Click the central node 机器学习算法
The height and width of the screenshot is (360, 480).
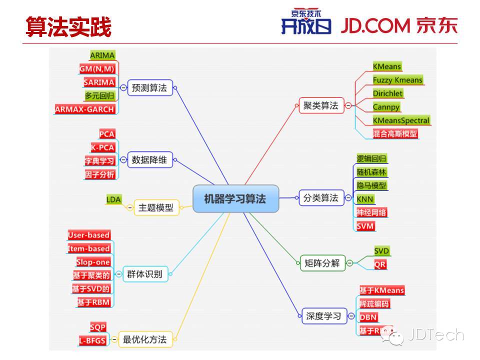click(235, 198)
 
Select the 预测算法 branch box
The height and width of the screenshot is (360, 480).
click(148, 88)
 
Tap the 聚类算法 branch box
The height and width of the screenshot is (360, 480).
click(321, 106)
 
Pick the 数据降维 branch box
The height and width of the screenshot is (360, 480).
click(149, 160)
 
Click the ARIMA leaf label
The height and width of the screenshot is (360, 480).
click(102, 55)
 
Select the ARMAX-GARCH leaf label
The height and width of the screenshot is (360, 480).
click(85, 109)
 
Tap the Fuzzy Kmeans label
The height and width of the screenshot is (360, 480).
click(397, 80)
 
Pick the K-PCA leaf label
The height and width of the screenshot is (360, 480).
click(102, 147)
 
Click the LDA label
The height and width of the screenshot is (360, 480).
click(113, 199)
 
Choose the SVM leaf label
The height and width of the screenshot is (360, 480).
click(365, 226)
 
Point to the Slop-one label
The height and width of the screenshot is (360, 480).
click(93, 262)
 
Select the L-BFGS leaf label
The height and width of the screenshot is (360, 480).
click(92, 340)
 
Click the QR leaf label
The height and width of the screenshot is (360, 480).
click(380, 264)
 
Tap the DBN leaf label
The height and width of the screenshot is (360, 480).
click(368, 317)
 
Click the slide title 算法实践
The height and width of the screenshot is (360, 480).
click(68, 27)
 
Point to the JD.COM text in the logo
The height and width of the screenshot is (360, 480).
click(375, 26)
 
